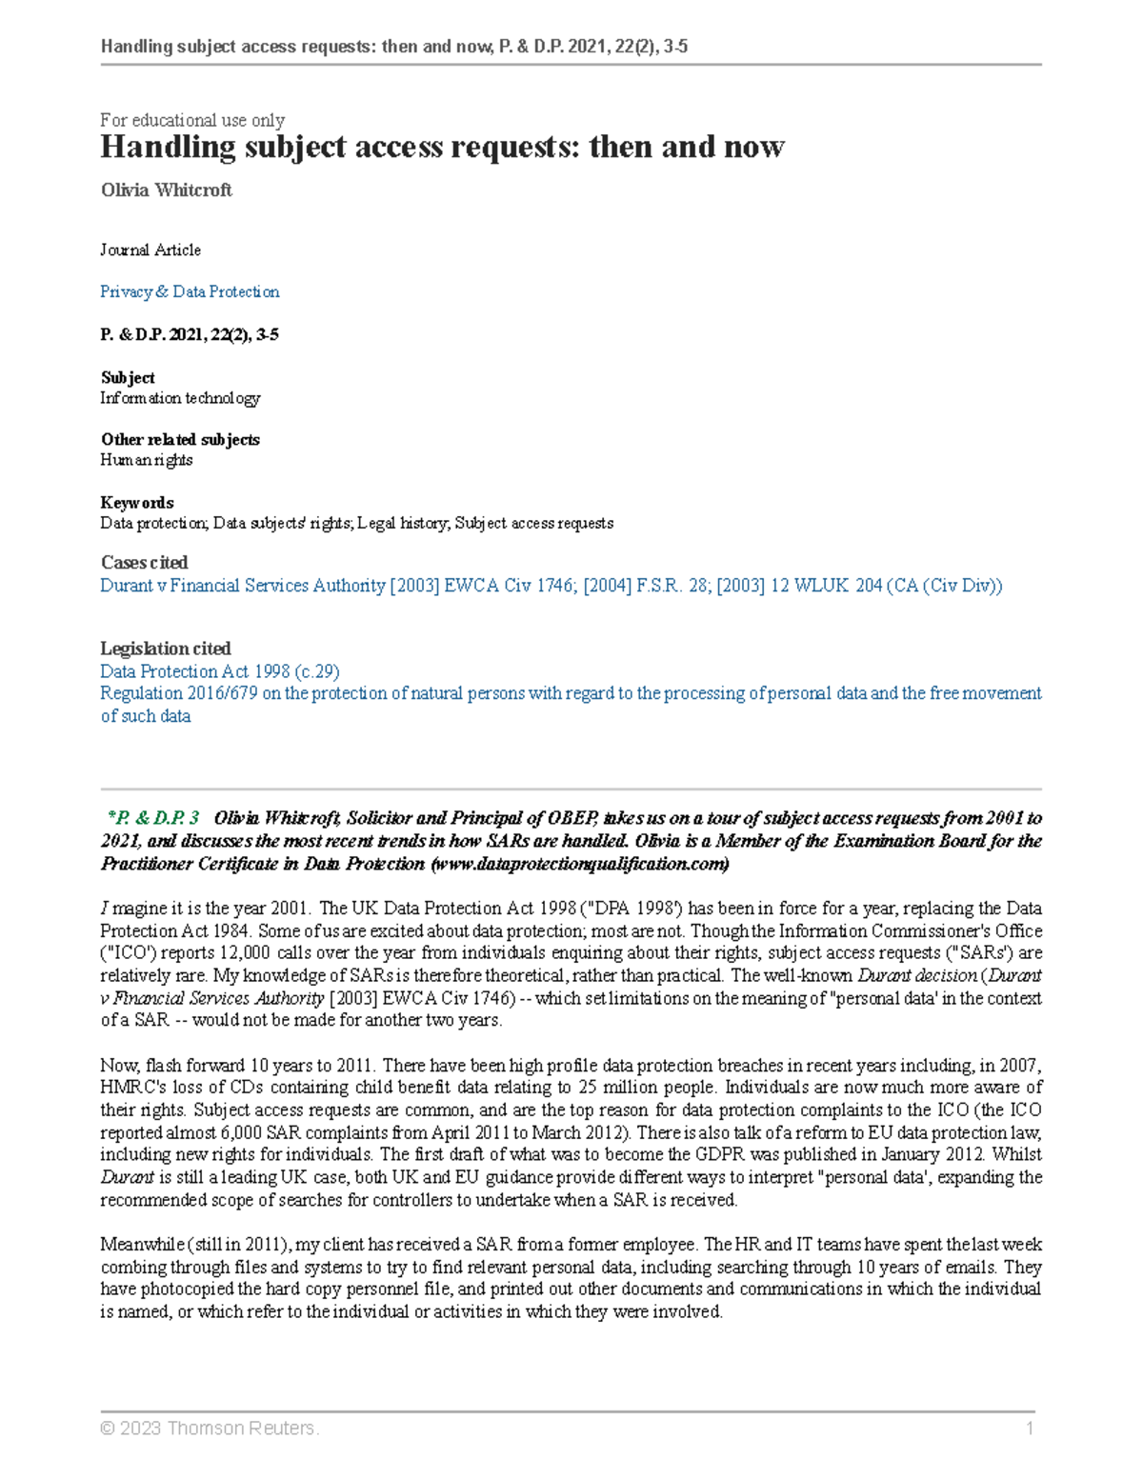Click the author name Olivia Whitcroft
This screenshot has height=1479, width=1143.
pyautogui.click(x=167, y=190)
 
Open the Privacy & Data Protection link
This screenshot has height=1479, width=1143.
pyautogui.click(x=190, y=292)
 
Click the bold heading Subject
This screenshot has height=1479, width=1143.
pyautogui.click(x=128, y=378)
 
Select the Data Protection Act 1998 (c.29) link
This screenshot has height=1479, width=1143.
pyautogui.click(x=220, y=671)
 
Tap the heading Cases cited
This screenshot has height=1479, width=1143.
pyautogui.click(x=144, y=563)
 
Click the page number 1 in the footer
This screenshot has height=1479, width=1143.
pyautogui.click(x=1030, y=1429)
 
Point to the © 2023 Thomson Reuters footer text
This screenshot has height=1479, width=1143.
pyautogui.click(x=210, y=1429)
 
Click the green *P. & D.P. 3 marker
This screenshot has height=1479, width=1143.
pyautogui.click(x=153, y=818)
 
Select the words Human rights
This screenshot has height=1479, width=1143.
pyautogui.click(x=147, y=460)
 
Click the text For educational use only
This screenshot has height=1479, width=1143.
pyautogui.click(x=192, y=120)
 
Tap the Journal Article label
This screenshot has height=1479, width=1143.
pyautogui.click(x=150, y=250)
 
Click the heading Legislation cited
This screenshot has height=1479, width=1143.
pyautogui.click(x=166, y=649)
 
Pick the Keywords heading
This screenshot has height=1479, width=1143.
pyautogui.click(x=137, y=503)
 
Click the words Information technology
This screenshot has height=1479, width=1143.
pyautogui.click(x=180, y=398)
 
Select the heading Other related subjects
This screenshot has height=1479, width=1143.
pyautogui.click(x=180, y=440)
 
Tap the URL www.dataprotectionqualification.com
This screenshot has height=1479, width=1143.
pyautogui.click(x=581, y=864)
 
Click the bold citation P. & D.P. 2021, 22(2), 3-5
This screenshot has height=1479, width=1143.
pyautogui.click(x=190, y=335)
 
